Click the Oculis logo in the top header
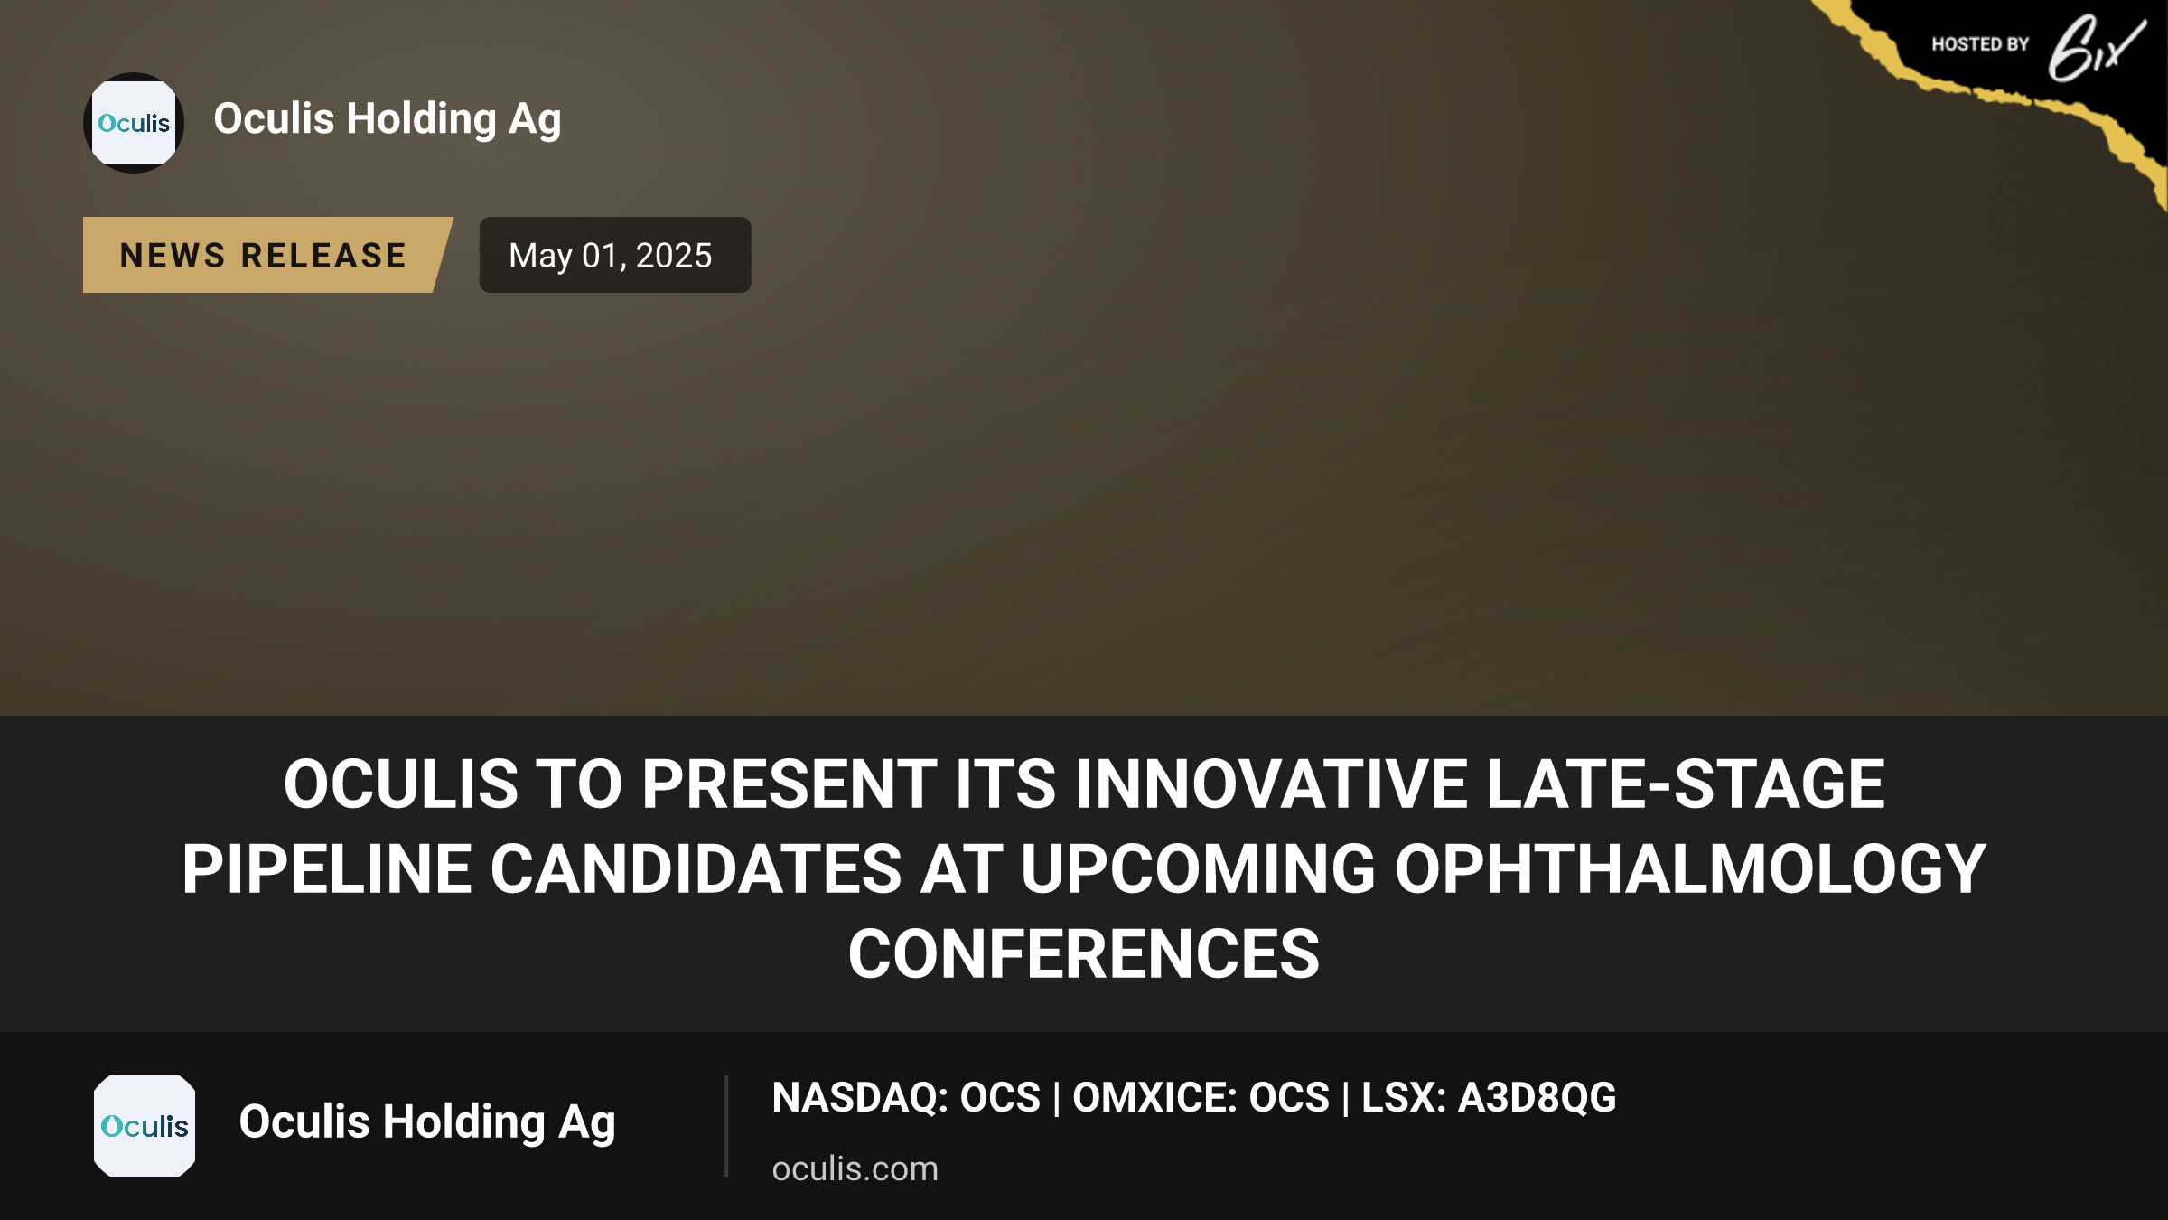pyautogui.click(x=134, y=123)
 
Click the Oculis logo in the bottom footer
pyautogui.click(x=145, y=1126)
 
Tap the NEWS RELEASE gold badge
pyautogui.click(x=267, y=255)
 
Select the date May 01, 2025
pyautogui.click(x=611, y=256)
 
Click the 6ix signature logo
pyautogui.click(x=2096, y=49)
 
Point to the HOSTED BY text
pyautogui.click(x=1980, y=44)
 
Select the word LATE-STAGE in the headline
pyautogui.click(x=1686, y=784)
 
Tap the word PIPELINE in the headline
pyautogui.click(x=327, y=868)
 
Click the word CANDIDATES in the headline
pyautogui.click(x=696, y=868)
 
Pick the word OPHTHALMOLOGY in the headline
pyautogui.click(x=1690, y=868)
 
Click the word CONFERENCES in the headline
pyautogui.click(x=1084, y=954)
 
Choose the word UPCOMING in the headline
pyautogui.click(x=1199, y=868)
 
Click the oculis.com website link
pyautogui.click(x=855, y=1168)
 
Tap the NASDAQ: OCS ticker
pyautogui.click(x=907, y=1097)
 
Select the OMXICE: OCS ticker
pyautogui.click(x=1201, y=1097)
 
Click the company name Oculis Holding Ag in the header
pyautogui.click(x=388, y=120)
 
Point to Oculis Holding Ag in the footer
pyautogui.click(x=427, y=1123)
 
